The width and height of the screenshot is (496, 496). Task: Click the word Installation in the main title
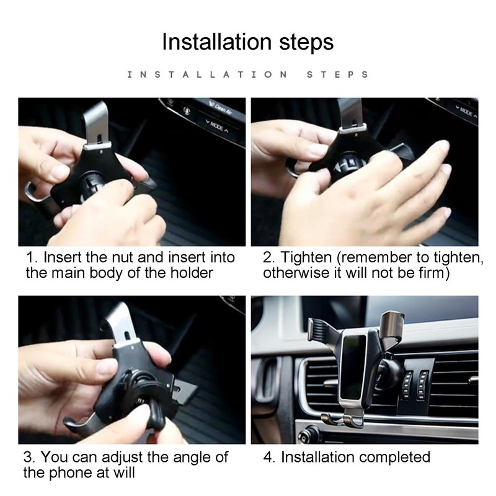216,42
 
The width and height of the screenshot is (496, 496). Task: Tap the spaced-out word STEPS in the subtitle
337,74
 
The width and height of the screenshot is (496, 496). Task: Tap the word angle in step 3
192,458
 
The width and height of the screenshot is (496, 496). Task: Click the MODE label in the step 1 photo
216,126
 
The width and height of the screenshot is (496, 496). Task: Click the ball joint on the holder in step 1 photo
92,186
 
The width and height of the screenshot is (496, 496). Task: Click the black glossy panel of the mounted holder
353,367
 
